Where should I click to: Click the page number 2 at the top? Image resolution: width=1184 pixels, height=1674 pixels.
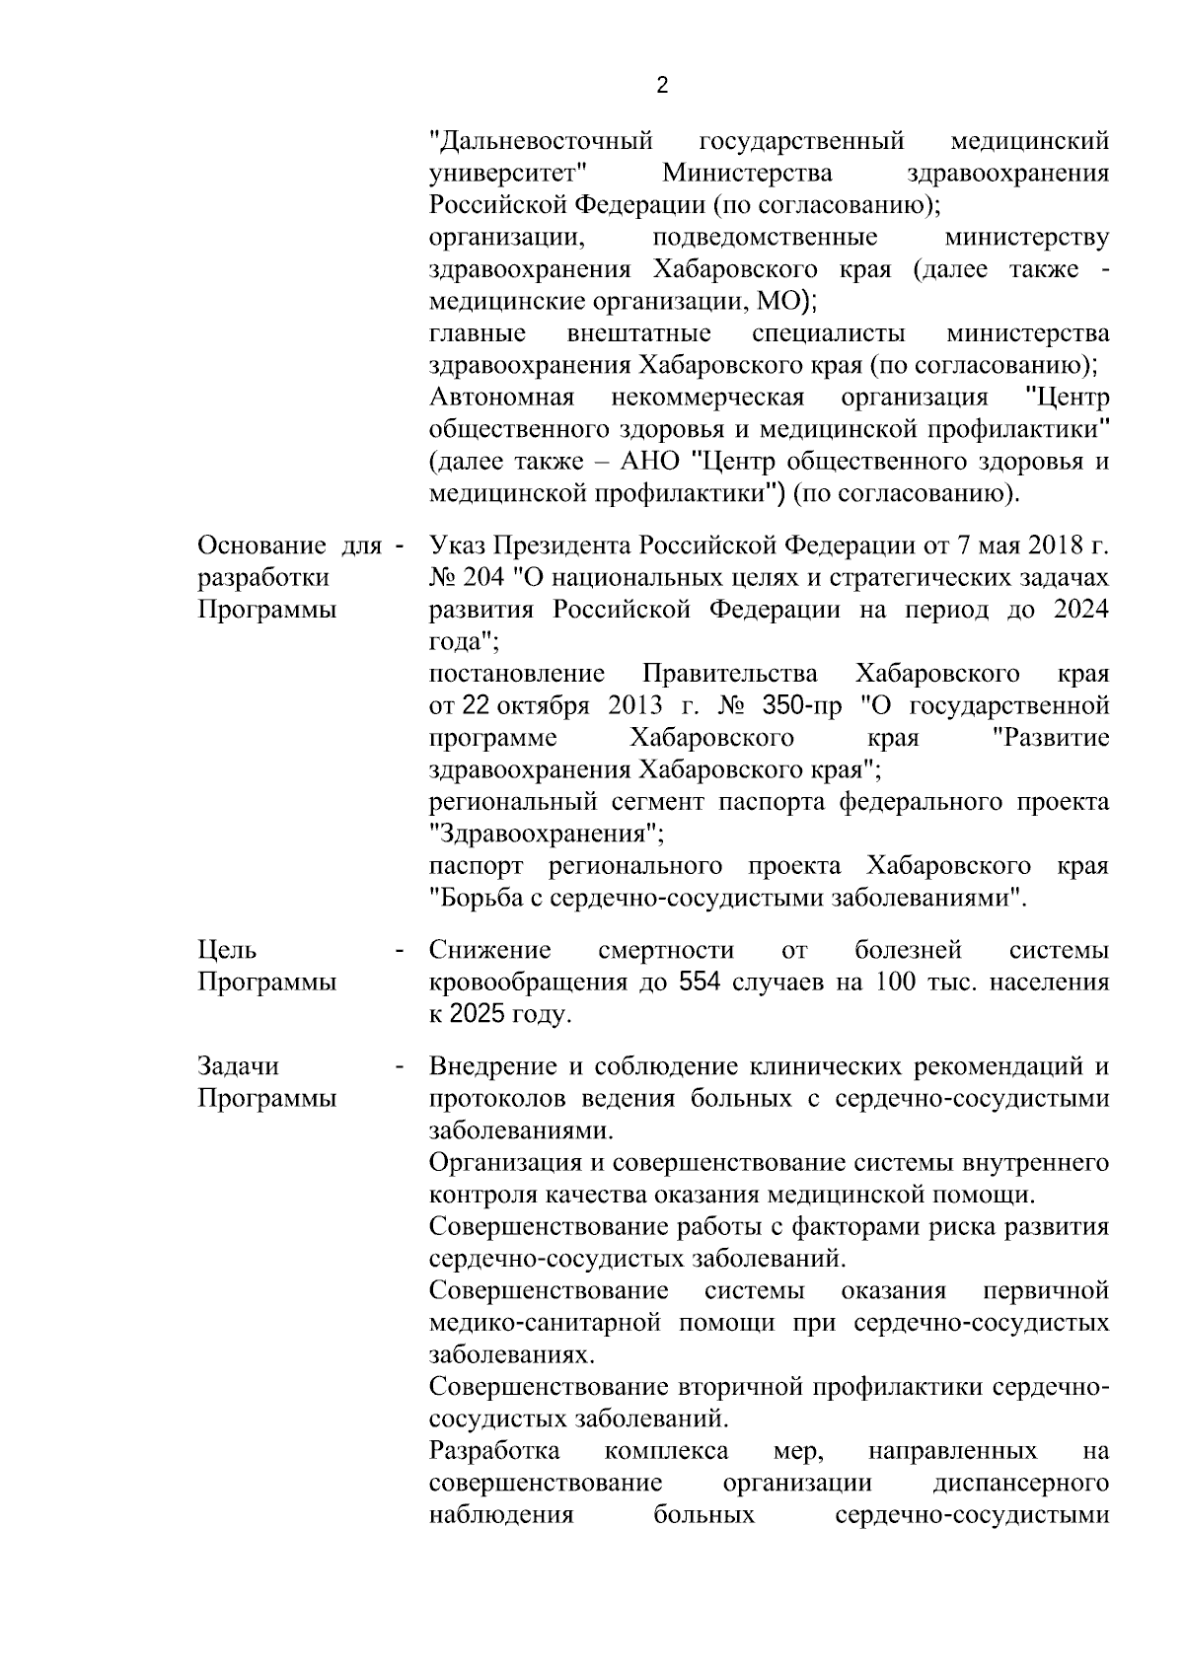662,86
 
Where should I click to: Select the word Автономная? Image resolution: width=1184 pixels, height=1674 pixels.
502,398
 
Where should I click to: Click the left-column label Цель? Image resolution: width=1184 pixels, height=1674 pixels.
227,951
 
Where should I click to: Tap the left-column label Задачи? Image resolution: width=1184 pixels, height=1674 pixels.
239,1066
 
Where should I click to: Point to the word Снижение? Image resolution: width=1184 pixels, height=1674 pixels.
490,951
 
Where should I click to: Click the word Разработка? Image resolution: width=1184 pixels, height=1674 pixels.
495,1451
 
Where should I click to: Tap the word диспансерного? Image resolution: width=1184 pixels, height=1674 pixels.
1020,1484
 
